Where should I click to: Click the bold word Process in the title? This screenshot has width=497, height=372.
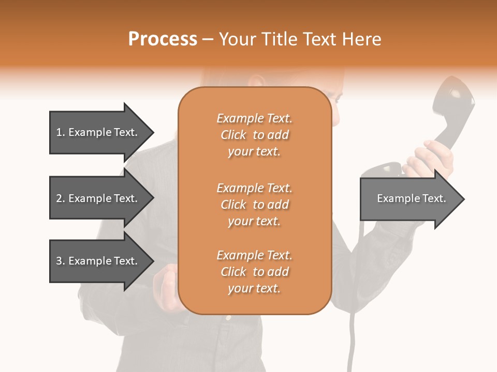pos(163,39)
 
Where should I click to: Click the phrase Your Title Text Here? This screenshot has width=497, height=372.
pos(300,39)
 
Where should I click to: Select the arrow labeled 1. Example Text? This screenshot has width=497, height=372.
pos(98,132)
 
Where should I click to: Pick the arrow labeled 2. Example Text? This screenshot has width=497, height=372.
pos(98,198)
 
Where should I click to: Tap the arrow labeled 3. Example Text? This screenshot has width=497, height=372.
pos(98,261)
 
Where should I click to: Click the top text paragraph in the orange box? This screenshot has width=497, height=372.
pos(254,135)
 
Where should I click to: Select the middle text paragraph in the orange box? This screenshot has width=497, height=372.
pos(254,205)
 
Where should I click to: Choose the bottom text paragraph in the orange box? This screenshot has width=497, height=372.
pos(254,272)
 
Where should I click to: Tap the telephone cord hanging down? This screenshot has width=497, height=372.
pos(354,331)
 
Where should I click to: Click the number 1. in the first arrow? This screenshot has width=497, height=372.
pos(61,132)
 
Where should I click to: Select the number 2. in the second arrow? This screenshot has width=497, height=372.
pos(61,198)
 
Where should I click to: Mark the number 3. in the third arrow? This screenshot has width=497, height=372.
pos(61,261)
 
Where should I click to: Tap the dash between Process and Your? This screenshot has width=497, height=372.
pos(208,40)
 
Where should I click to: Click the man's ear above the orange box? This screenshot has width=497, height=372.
pos(256,81)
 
